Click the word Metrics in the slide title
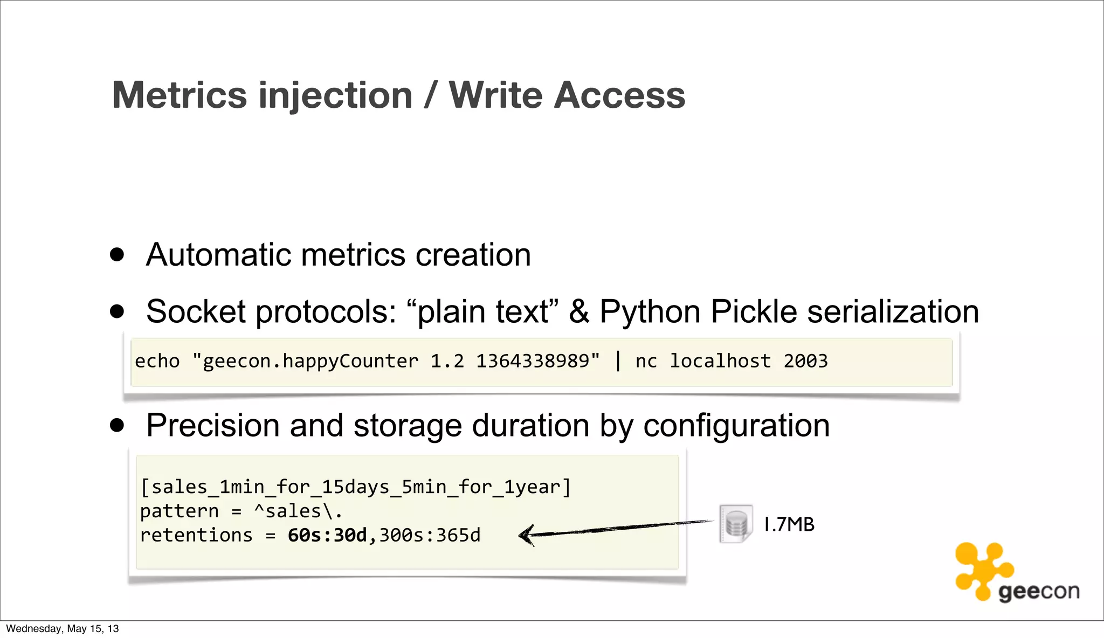tap(180, 95)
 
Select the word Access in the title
tap(620, 95)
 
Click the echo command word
tap(157, 361)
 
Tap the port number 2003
tap(805, 361)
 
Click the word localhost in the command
tap(720, 361)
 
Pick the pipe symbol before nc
tap(618, 361)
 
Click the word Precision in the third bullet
tap(213, 426)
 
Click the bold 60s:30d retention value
tap(327, 536)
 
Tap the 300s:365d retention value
tap(430, 536)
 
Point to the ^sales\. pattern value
tap(298, 511)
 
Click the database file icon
tap(736, 524)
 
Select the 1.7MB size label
tap(789, 524)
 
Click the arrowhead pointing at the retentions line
tap(526, 535)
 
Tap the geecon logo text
tap(1039, 592)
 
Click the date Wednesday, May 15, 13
tap(62, 629)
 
